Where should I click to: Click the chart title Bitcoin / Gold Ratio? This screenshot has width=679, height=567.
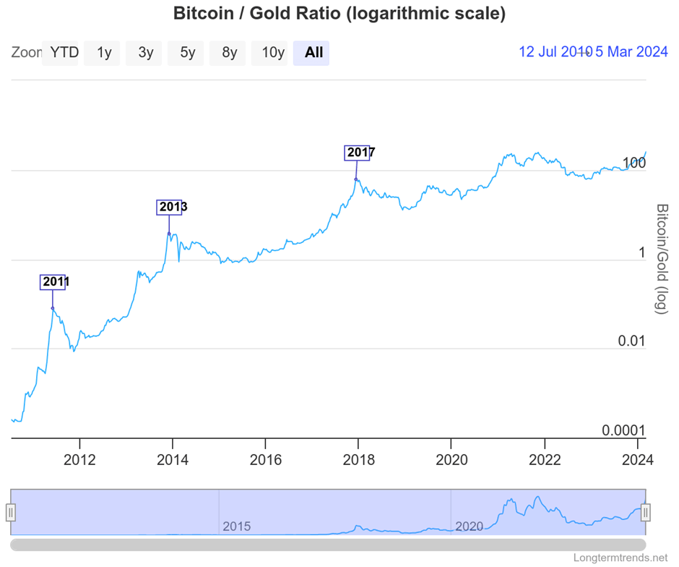[x=339, y=14]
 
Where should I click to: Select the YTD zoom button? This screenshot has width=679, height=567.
[x=64, y=52]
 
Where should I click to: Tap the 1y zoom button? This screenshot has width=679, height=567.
[x=104, y=52]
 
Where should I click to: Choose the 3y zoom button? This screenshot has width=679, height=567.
[x=146, y=52]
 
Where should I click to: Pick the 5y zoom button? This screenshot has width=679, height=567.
[x=188, y=52]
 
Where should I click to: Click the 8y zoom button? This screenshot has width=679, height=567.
[x=230, y=52]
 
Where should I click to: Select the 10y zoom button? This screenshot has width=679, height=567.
[x=273, y=52]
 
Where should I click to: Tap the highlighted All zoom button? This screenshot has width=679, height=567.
[x=313, y=52]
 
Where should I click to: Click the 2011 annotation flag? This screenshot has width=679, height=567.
[x=53, y=282]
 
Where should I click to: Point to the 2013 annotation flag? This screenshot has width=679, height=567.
[x=170, y=208]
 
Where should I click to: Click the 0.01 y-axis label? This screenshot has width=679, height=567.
[x=631, y=341]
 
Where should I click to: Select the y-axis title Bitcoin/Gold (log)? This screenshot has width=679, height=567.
[x=662, y=258]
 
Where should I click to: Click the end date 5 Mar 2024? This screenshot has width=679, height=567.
[x=631, y=52]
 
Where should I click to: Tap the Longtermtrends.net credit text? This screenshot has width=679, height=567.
[x=620, y=558]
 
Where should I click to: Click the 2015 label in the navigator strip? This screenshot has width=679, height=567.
[x=237, y=526]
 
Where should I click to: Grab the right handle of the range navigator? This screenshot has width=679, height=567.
[x=646, y=513]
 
